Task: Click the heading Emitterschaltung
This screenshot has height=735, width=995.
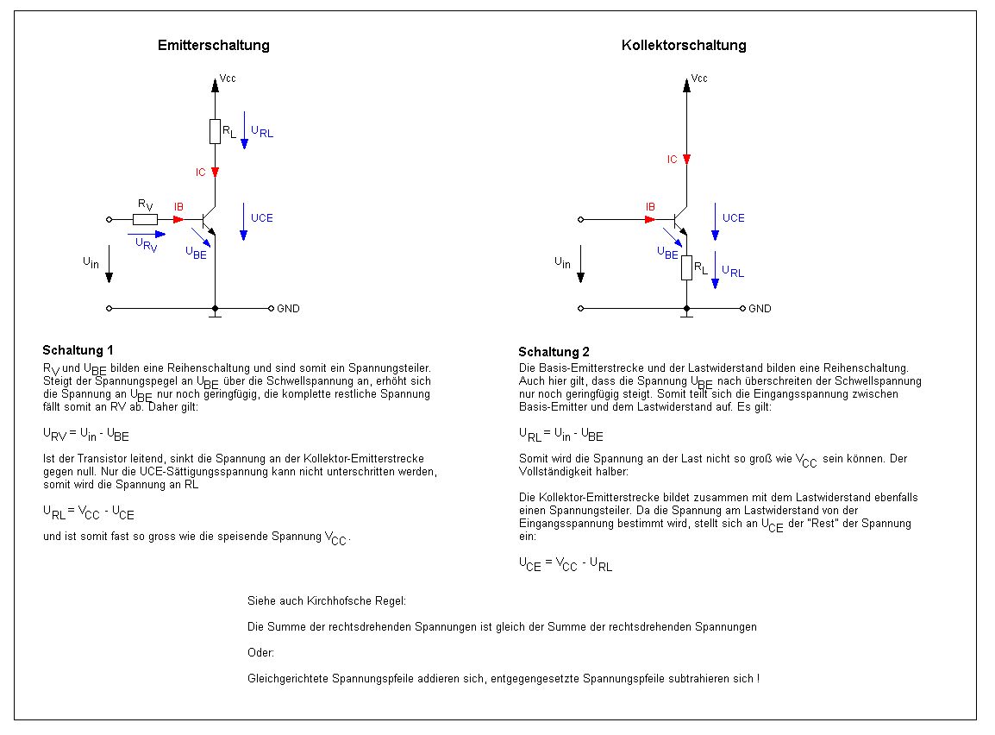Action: point(213,46)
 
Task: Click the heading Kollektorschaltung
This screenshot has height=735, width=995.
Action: point(684,46)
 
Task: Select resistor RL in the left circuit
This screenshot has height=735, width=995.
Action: point(215,132)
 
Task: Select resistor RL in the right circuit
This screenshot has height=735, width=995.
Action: point(686,267)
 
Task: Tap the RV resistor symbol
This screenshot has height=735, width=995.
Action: point(145,219)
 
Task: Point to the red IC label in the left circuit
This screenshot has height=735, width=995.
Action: point(200,173)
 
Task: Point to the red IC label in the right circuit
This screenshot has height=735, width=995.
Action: point(672,160)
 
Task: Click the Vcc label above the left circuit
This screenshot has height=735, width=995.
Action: point(228,79)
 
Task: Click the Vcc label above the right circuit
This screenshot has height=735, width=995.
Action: point(699,79)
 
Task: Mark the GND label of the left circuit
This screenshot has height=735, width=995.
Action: point(288,309)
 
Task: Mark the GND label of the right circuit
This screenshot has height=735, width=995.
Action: point(760,309)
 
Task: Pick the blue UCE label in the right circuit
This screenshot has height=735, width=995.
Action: point(733,218)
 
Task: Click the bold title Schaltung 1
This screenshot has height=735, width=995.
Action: point(78,350)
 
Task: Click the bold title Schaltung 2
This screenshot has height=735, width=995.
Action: point(554,352)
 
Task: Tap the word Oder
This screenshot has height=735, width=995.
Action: point(260,653)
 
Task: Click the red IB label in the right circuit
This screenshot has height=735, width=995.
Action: point(651,207)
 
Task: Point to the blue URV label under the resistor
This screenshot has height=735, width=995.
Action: point(146,244)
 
